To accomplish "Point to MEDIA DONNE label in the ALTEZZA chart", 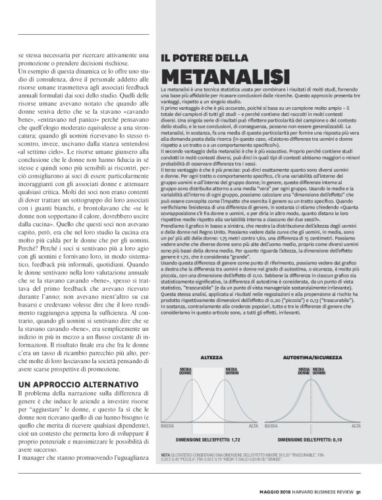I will point(186,372).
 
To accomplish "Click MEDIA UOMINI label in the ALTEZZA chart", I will point(232,372).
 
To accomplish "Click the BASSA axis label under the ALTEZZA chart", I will point(167,426).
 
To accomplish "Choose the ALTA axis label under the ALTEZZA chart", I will point(254,426).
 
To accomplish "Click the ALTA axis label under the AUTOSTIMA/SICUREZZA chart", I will point(356,426).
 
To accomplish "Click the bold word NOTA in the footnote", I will point(165,455).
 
